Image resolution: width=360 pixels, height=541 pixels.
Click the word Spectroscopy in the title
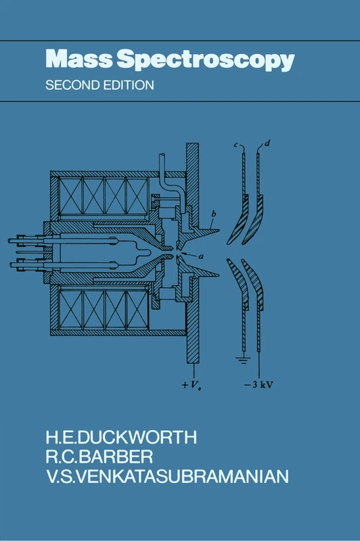point(205,60)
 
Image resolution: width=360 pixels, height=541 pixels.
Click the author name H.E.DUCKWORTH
point(121,437)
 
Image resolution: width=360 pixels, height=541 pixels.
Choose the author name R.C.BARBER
point(99,457)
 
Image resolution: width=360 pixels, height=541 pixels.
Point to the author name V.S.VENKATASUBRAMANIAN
point(167,477)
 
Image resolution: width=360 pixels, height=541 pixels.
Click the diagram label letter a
point(201,256)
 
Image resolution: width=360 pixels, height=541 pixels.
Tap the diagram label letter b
point(214,214)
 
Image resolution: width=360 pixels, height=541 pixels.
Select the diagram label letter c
point(236,145)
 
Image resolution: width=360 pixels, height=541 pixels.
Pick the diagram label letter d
point(267,143)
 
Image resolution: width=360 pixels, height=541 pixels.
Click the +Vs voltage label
point(192,385)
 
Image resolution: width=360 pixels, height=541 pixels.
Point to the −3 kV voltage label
point(259,384)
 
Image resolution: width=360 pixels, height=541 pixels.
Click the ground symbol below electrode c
point(244,361)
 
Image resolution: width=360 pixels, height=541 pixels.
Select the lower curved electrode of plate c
point(238,283)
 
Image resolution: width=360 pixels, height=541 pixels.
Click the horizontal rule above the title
point(180,41)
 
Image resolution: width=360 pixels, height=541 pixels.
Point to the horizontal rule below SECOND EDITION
point(180,101)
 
